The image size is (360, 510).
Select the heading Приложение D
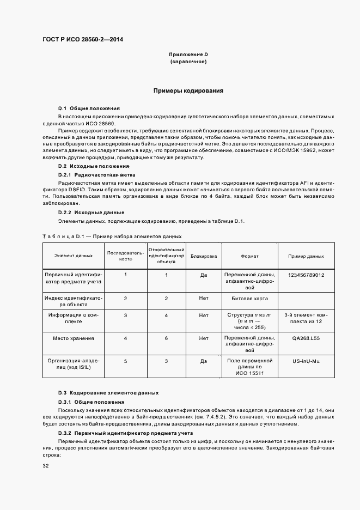188,55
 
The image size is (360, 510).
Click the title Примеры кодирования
188,91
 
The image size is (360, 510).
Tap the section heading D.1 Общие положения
89,108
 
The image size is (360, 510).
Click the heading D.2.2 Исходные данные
91,212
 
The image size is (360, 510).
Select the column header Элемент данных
73,256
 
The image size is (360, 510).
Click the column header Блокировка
204,256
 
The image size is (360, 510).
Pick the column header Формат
250,256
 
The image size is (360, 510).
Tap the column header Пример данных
306,256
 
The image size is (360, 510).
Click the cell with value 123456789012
306,275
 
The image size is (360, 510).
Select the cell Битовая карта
250,299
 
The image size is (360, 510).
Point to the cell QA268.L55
306,338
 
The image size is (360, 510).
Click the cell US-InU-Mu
306,361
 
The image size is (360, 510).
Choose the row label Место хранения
73,338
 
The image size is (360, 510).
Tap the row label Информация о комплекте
73,318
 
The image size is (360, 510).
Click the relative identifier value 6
166,338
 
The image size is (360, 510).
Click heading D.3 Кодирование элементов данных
108,392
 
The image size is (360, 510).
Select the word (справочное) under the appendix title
188,62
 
